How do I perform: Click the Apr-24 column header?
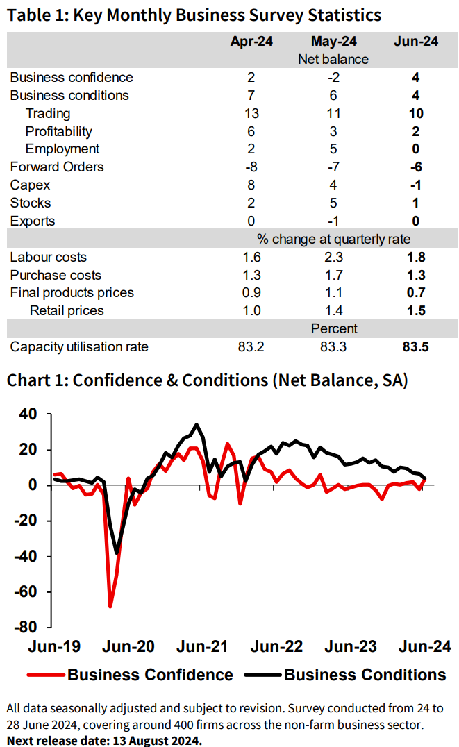pos(251,42)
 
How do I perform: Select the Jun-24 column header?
pos(416,42)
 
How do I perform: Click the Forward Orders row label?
pos(57,167)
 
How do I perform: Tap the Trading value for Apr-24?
pos(251,113)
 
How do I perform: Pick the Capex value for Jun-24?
pos(416,185)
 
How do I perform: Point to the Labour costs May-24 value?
pos(333,257)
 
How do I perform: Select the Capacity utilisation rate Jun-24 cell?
pos(416,346)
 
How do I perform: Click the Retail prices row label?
pos(67,310)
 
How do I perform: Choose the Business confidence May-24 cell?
pos(333,77)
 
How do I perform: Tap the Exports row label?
pos(33,221)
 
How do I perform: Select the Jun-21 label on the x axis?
pos(203,646)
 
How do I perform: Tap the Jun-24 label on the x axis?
pos(424,646)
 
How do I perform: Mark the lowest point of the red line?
pos(110,606)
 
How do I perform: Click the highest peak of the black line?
pos(197,424)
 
